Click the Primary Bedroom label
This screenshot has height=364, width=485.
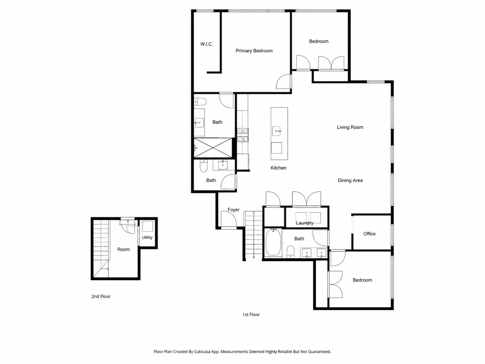254,51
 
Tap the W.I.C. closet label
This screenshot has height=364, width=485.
207,44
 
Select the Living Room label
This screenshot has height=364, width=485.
350,127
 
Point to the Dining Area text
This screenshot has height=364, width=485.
350,181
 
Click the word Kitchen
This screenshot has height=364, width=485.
278,168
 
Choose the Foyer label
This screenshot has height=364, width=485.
233,210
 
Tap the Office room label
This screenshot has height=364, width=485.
369,234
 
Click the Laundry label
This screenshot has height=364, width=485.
305,223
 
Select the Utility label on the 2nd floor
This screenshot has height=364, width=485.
147,238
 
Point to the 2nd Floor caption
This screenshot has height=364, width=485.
101,297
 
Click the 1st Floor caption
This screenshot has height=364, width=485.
251,314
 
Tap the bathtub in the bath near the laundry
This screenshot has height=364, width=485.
273,243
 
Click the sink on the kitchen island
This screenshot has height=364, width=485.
276,131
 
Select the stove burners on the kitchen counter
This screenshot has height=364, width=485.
243,135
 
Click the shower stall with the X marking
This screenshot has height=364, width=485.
213,148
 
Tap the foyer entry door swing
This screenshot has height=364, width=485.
229,219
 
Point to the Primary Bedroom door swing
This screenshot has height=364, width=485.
283,81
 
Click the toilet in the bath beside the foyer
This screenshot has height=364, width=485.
203,167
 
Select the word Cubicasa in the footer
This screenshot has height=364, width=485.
202,352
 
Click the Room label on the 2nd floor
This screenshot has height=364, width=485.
124,249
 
